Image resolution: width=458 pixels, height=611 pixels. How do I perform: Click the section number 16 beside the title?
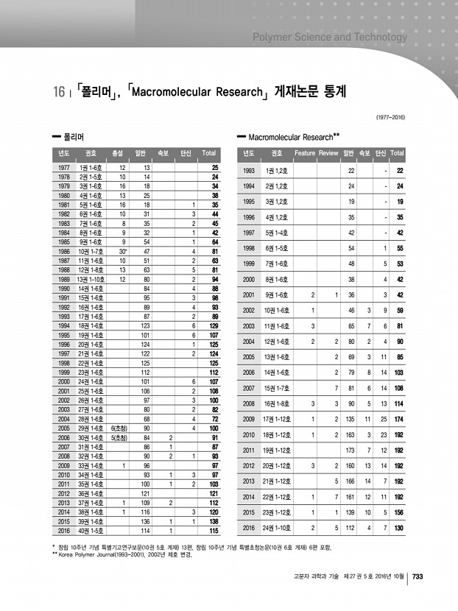click(x=60, y=93)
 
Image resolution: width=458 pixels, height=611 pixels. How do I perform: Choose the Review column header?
click(x=329, y=153)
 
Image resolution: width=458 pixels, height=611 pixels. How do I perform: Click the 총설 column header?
click(x=116, y=153)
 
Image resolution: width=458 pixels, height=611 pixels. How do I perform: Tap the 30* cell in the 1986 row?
click(x=124, y=251)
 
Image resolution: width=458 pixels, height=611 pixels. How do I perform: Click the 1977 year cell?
click(x=64, y=169)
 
